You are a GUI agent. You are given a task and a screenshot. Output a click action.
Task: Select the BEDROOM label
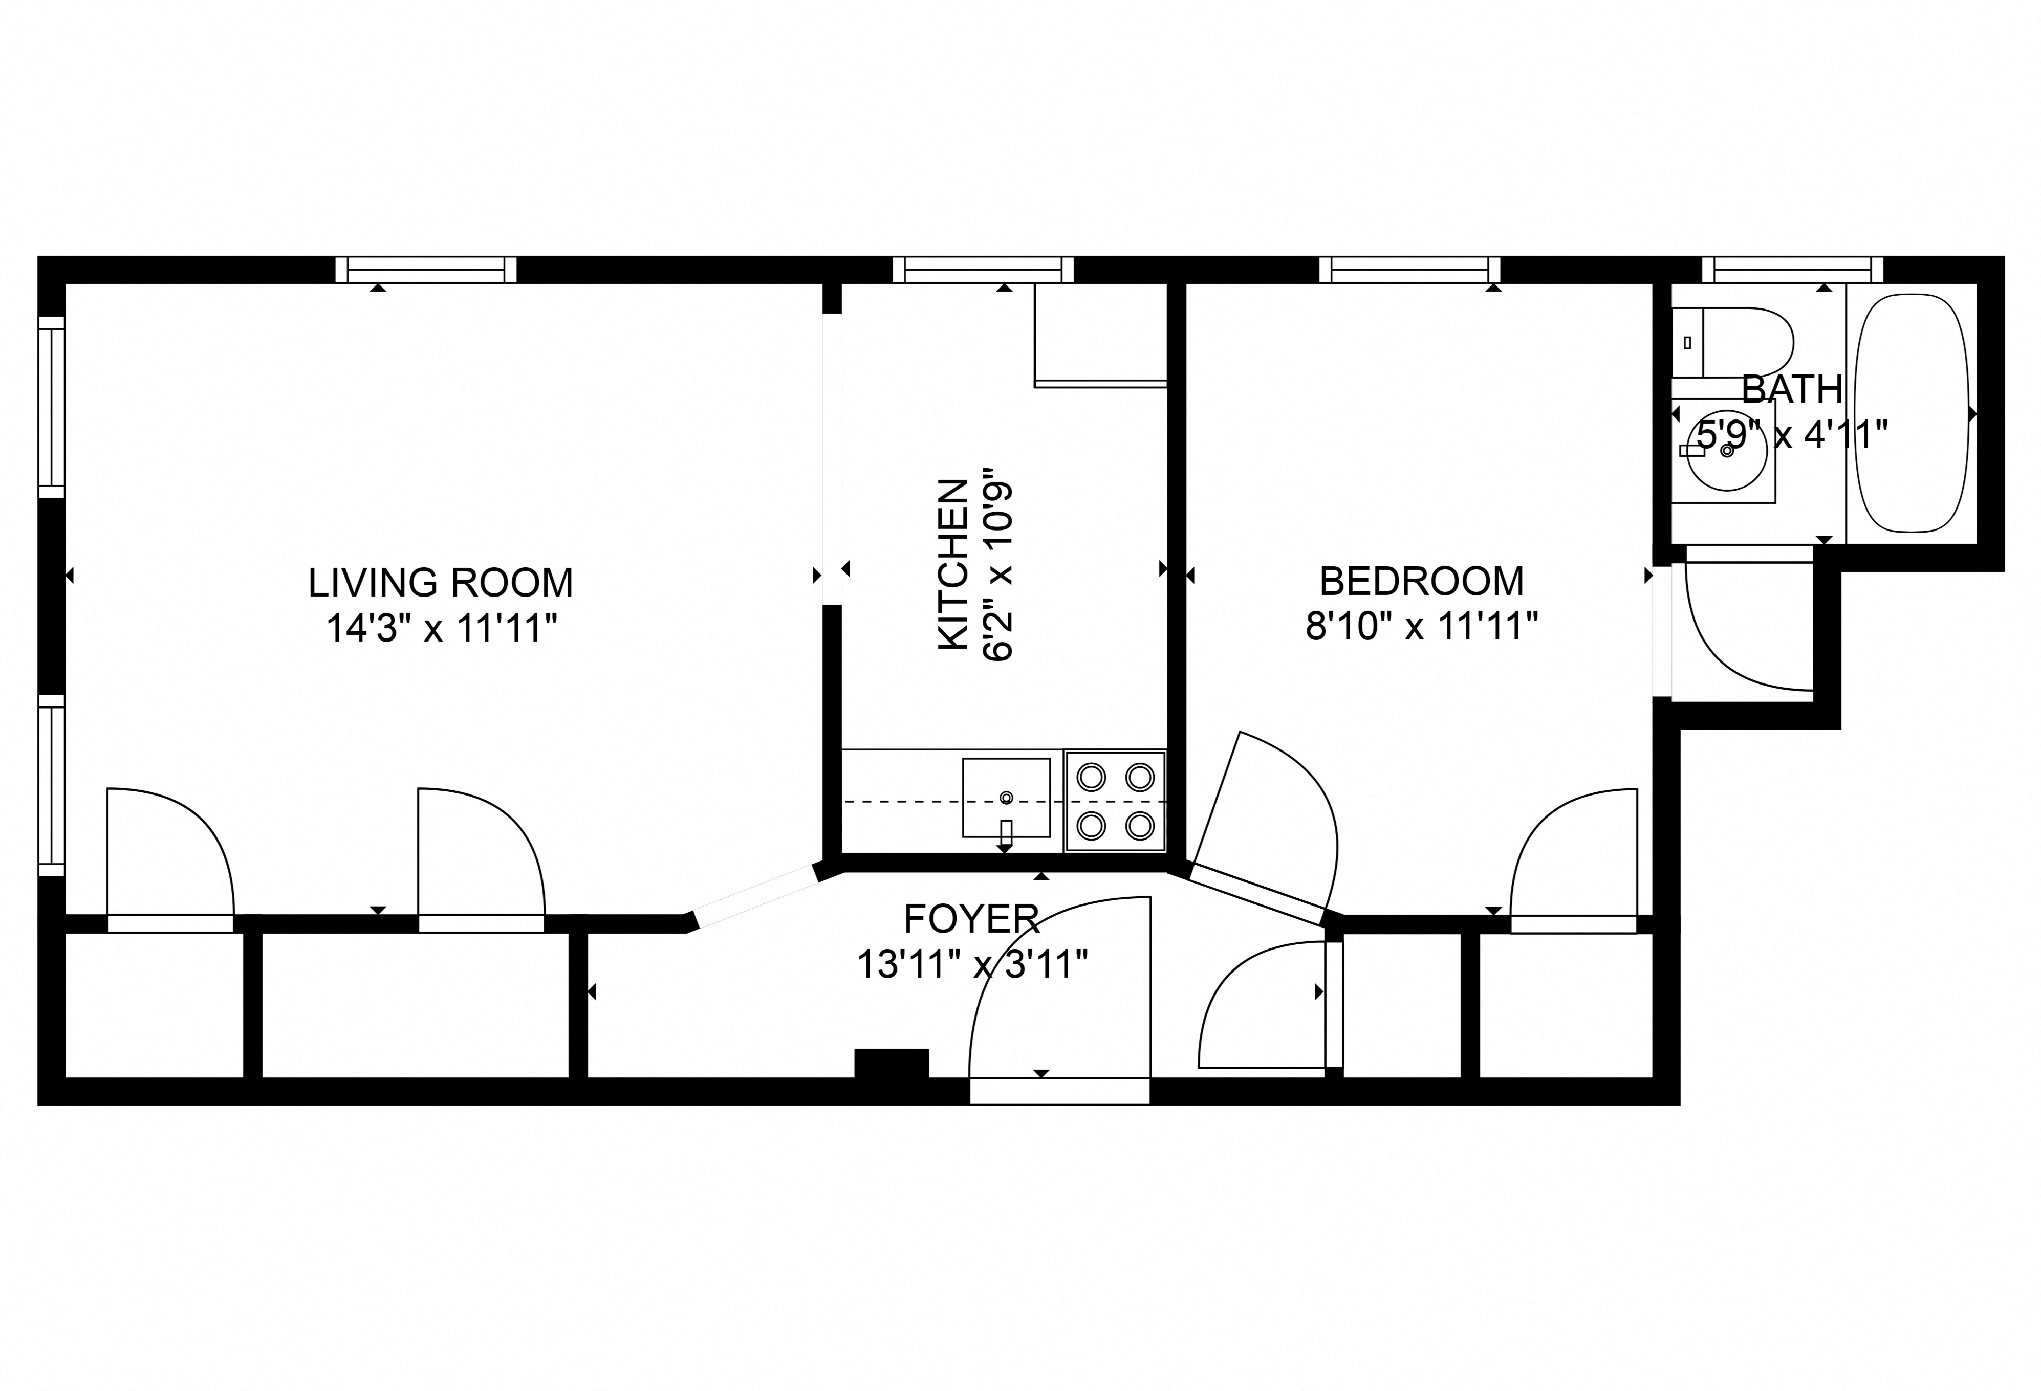tap(1421, 581)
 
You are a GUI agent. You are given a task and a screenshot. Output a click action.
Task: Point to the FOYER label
tap(971, 919)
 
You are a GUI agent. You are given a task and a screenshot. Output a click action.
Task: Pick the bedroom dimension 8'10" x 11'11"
tap(1421, 627)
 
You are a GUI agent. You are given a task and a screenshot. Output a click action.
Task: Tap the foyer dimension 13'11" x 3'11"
tap(971, 965)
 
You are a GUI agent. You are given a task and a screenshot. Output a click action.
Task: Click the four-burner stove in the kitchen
tap(1115, 801)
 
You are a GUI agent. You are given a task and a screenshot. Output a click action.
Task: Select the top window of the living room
tap(426, 270)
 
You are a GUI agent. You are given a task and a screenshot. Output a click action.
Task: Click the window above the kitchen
tap(983, 270)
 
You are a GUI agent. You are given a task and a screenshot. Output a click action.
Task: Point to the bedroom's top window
tap(1408, 270)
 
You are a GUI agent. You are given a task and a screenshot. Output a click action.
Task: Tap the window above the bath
tap(1792, 270)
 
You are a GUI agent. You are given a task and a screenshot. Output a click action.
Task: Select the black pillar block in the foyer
tap(892, 1063)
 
